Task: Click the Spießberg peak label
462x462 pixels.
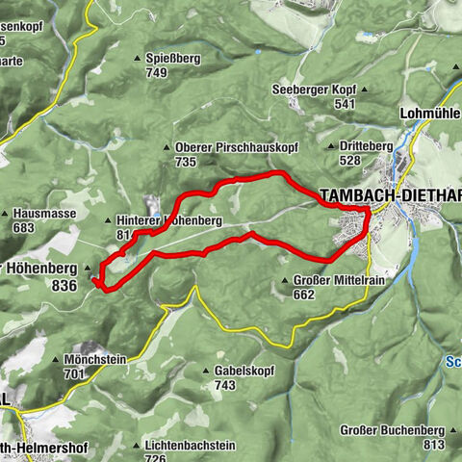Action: tap(173, 58)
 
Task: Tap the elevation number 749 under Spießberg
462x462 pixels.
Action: tap(158, 72)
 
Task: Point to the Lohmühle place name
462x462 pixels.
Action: tap(429, 112)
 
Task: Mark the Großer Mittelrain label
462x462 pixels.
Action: tap(331, 281)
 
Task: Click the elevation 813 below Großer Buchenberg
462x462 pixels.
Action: tap(433, 444)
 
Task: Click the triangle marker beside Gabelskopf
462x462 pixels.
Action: tap(207, 371)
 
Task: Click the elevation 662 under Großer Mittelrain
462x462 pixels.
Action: tap(304, 295)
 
